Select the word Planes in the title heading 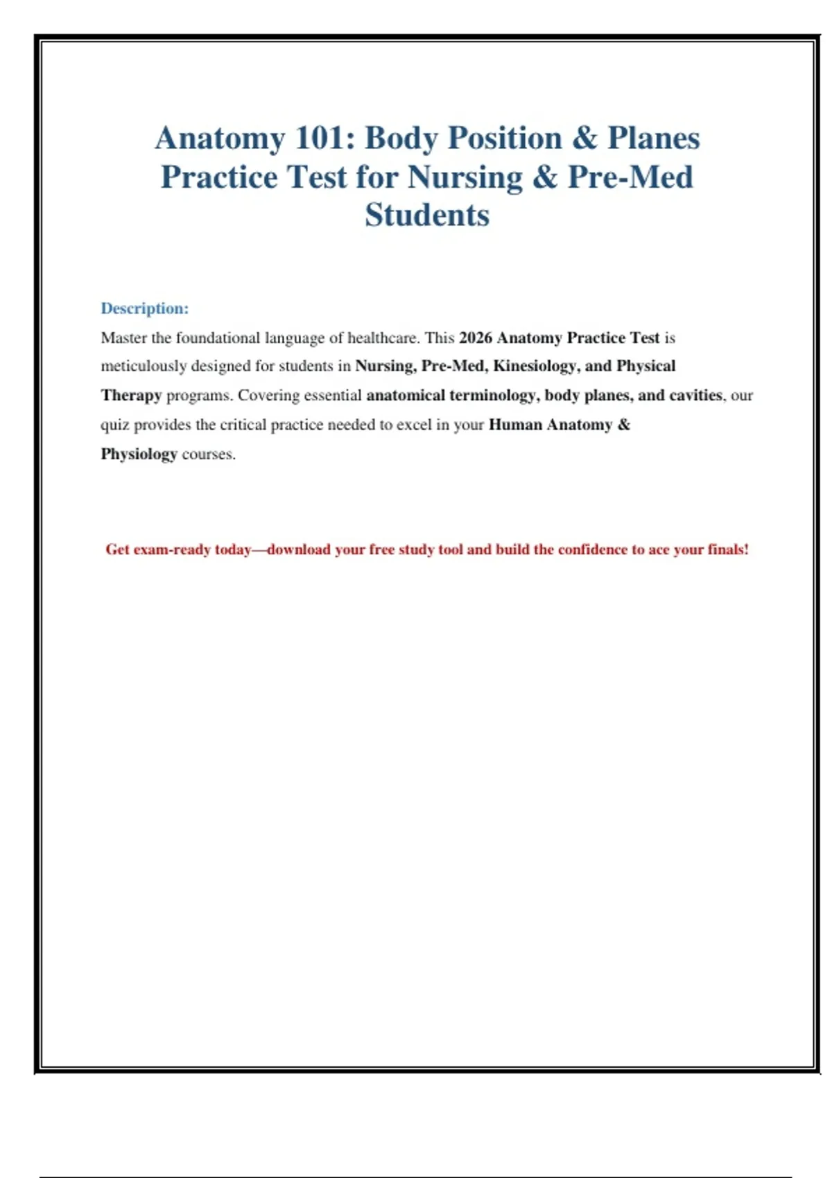pos(654,138)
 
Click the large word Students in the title pos(427,215)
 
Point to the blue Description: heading pos(144,308)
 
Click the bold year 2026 pos(476,338)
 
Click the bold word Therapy pos(131,396)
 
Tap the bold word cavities pos(695,396)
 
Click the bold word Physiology pos(139,455)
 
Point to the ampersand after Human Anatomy pos(623,425)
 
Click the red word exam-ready pos(171,550)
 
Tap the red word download pos(299,550)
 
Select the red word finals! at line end pos(728,550)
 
